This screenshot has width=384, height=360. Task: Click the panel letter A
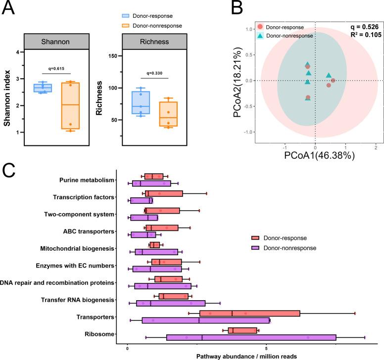pos(9,8)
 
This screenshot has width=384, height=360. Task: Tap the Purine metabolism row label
pos(87,180)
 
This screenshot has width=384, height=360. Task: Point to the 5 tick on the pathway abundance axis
pos(266,348)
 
